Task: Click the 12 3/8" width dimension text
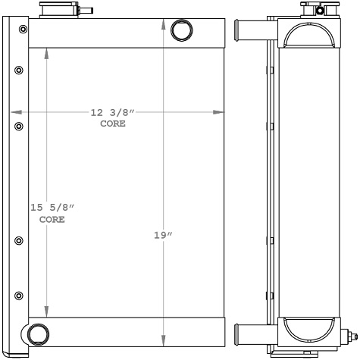point(112,113)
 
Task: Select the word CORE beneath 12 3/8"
point(113,123)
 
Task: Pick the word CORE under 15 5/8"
point(52,219)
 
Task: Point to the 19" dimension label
point(162,235)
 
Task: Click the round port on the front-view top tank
point(182,30)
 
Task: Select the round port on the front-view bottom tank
point(36,333)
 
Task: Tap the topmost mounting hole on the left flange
point(23,30)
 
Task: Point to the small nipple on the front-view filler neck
point(87,11)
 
